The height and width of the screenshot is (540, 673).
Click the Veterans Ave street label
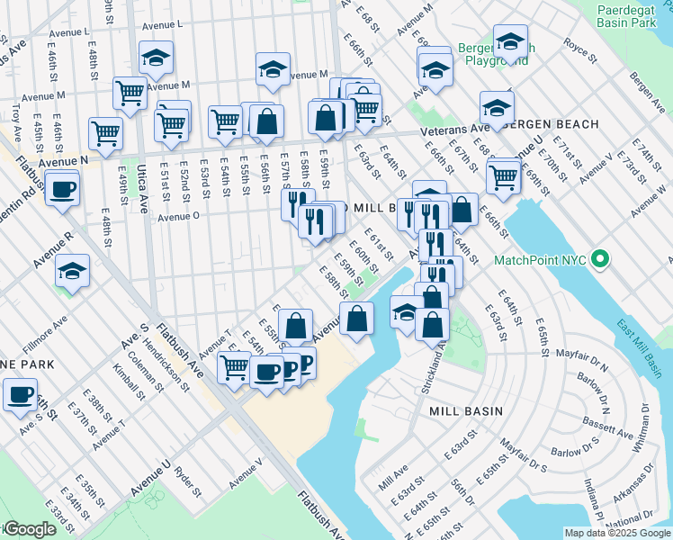457,132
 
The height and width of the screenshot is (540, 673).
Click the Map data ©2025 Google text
617,533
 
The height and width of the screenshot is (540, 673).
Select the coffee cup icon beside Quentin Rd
63,189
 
